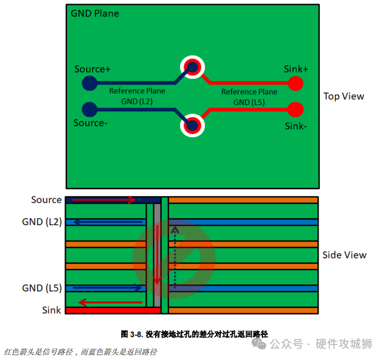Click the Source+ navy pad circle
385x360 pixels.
(89, 83)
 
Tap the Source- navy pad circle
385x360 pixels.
(89, 109)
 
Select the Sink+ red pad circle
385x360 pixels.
(296, 83)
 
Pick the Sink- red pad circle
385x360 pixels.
(296, 109)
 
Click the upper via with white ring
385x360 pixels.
(192, 67)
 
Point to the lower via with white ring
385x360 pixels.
(192, 126)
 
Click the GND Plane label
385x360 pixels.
(95, 13)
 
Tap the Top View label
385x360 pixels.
(343, 96)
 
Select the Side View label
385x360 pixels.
(344, 255)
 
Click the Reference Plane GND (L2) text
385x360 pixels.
(137, 96)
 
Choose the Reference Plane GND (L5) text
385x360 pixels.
(249, 97)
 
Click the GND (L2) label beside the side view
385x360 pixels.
(42, 222)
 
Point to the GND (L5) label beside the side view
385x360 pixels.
(42, 288)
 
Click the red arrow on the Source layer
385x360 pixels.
(103, 200)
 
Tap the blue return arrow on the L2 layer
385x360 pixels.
(108, 222)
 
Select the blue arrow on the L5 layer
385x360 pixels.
(107, 288)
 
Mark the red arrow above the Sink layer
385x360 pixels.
(110, 303)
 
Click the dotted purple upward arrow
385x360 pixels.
(175, 257)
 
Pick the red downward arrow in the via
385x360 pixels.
(157, 255)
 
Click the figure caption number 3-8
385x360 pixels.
(136, 334)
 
